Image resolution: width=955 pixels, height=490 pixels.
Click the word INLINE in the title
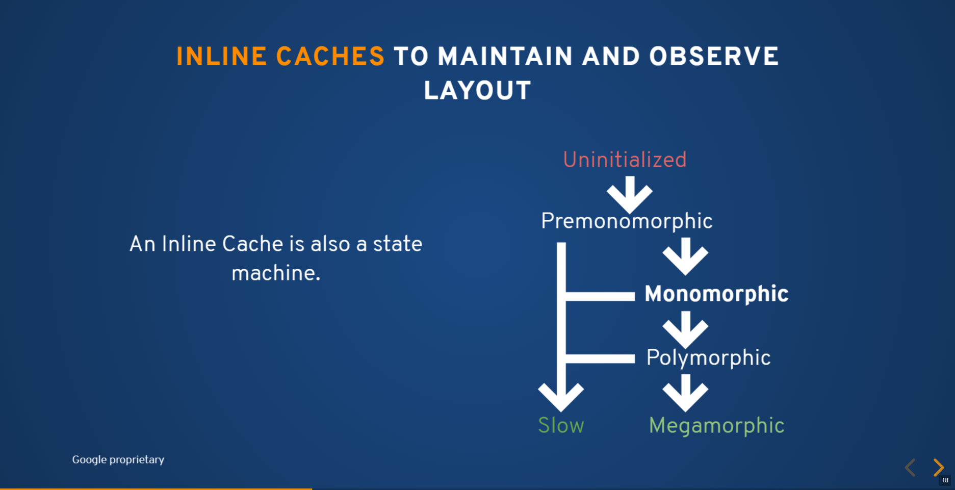pos(221,57)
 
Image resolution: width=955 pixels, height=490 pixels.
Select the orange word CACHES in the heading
pos(330,57)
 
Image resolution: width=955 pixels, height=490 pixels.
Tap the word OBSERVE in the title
pos(714,57)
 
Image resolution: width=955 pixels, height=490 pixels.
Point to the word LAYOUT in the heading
pos(478,91)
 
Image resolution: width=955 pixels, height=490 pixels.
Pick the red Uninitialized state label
pos(625,160)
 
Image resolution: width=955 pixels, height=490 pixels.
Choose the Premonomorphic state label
pos(627,221)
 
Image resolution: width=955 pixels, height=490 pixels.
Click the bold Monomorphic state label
pos(716,294)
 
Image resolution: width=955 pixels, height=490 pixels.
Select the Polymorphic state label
pos(708,358)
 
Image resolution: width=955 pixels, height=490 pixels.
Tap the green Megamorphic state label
pos(716,426)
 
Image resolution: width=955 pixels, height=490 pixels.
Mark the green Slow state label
pos(561,425)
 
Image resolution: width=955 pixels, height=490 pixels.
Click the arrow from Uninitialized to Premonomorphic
pos(630,195)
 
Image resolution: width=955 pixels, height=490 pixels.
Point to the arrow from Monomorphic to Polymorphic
pos(685,330)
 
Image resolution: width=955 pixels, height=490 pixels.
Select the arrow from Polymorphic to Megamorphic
pos(685,393)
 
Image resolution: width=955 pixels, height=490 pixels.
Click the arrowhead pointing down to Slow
pos(561,397)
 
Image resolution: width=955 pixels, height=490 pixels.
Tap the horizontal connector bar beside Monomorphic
pos(600,296)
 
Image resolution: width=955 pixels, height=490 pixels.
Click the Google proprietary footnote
pos(118,459)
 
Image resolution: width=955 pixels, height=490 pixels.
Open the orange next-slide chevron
pos(939,467)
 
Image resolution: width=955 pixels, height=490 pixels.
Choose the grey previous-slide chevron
pos(910,467)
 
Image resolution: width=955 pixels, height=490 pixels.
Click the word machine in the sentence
pos(276,274)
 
